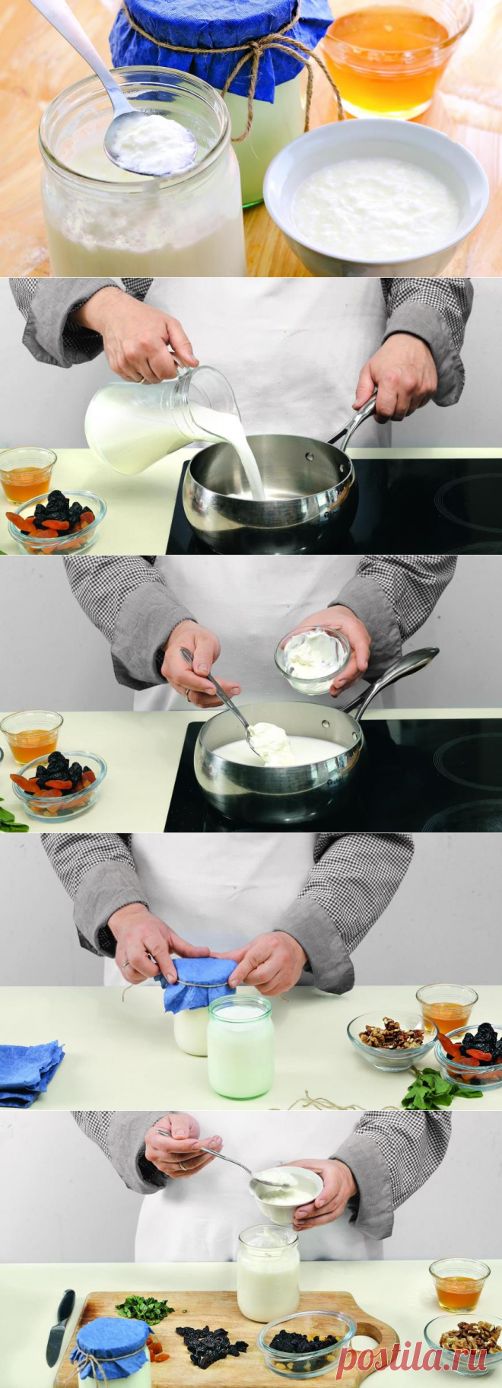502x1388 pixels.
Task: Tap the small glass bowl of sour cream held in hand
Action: [313, 659]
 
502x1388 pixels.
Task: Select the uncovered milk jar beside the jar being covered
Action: [240, 1048]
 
